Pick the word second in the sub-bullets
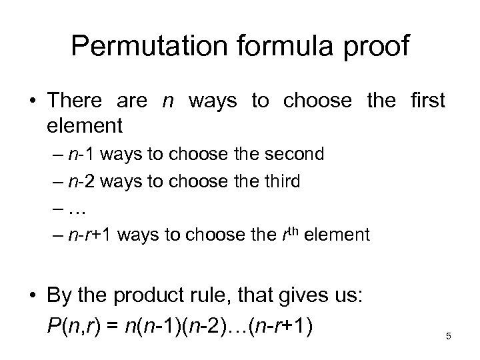pyautogui.click(x=294, y=154)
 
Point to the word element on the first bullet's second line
pyautogui.click(x=85, y=125)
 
